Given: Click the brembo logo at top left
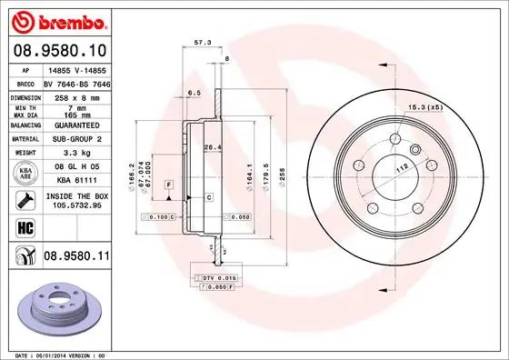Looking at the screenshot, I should click(x=59, y=20).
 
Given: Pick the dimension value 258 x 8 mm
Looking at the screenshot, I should click(x=77, y=96).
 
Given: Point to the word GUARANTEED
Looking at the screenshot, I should click(x=77, y=126).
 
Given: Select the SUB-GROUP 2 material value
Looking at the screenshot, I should click(x=77, y=141).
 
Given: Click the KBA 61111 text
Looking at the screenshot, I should click(x=77, y=182).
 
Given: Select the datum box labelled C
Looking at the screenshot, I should click(x=208, y=196).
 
